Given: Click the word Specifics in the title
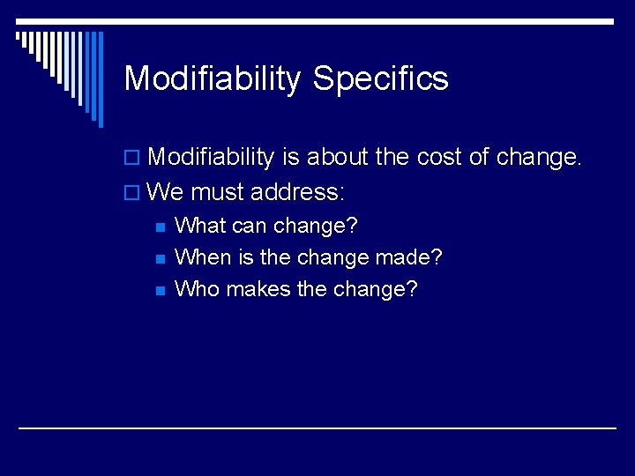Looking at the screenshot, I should pyautogui.click(x=380, y=79).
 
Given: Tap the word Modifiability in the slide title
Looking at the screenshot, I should pyautogui.click(x=213, y=79).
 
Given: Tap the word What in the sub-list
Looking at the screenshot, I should pyautogui.click(x=200, y=226).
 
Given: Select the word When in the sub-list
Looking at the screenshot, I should pyautogui.click(x=203, y=257).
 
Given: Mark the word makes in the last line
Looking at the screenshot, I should pyautogui.click(x=257, y=289).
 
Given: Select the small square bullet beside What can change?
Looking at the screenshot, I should pyautogui.click(x=160, y=227).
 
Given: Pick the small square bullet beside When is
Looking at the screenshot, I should pyautogui.click(x=160, y=258).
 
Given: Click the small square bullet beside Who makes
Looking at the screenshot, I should pyautogui.click(x=160, y=290).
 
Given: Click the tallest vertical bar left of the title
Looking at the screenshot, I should pyautogui.click(x=100, y=79).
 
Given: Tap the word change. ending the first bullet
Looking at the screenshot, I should pyautogui.click(x=539, y=158).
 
